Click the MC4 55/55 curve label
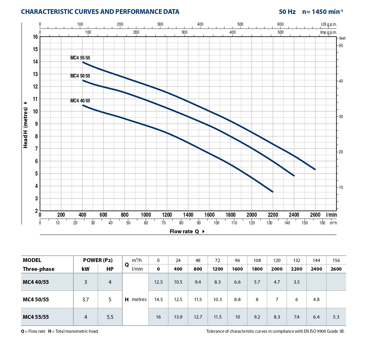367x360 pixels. pos(80,58)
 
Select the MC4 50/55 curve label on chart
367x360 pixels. pos(80,76)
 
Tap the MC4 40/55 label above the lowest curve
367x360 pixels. pos(80,101)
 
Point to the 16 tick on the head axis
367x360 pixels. pos(35,37)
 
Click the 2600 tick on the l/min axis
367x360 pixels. pos(315,215)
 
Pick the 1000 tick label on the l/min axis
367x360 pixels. pos(146,215)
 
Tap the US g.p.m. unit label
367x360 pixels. pos(329,25)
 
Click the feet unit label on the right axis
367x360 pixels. pos(342,38)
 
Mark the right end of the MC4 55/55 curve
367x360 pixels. pos(315,169)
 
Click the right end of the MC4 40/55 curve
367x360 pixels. pos(273,192)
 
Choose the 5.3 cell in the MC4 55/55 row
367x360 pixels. pos(336,317)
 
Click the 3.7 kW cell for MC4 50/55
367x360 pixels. pos(85,300)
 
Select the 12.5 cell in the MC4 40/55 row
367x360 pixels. pos(158,282)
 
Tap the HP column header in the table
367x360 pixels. pos(110,269)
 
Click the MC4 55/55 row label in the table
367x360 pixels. pos(36,317)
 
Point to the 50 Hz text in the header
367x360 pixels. pos(287,12)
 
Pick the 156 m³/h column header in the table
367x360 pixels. pos(336,261)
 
